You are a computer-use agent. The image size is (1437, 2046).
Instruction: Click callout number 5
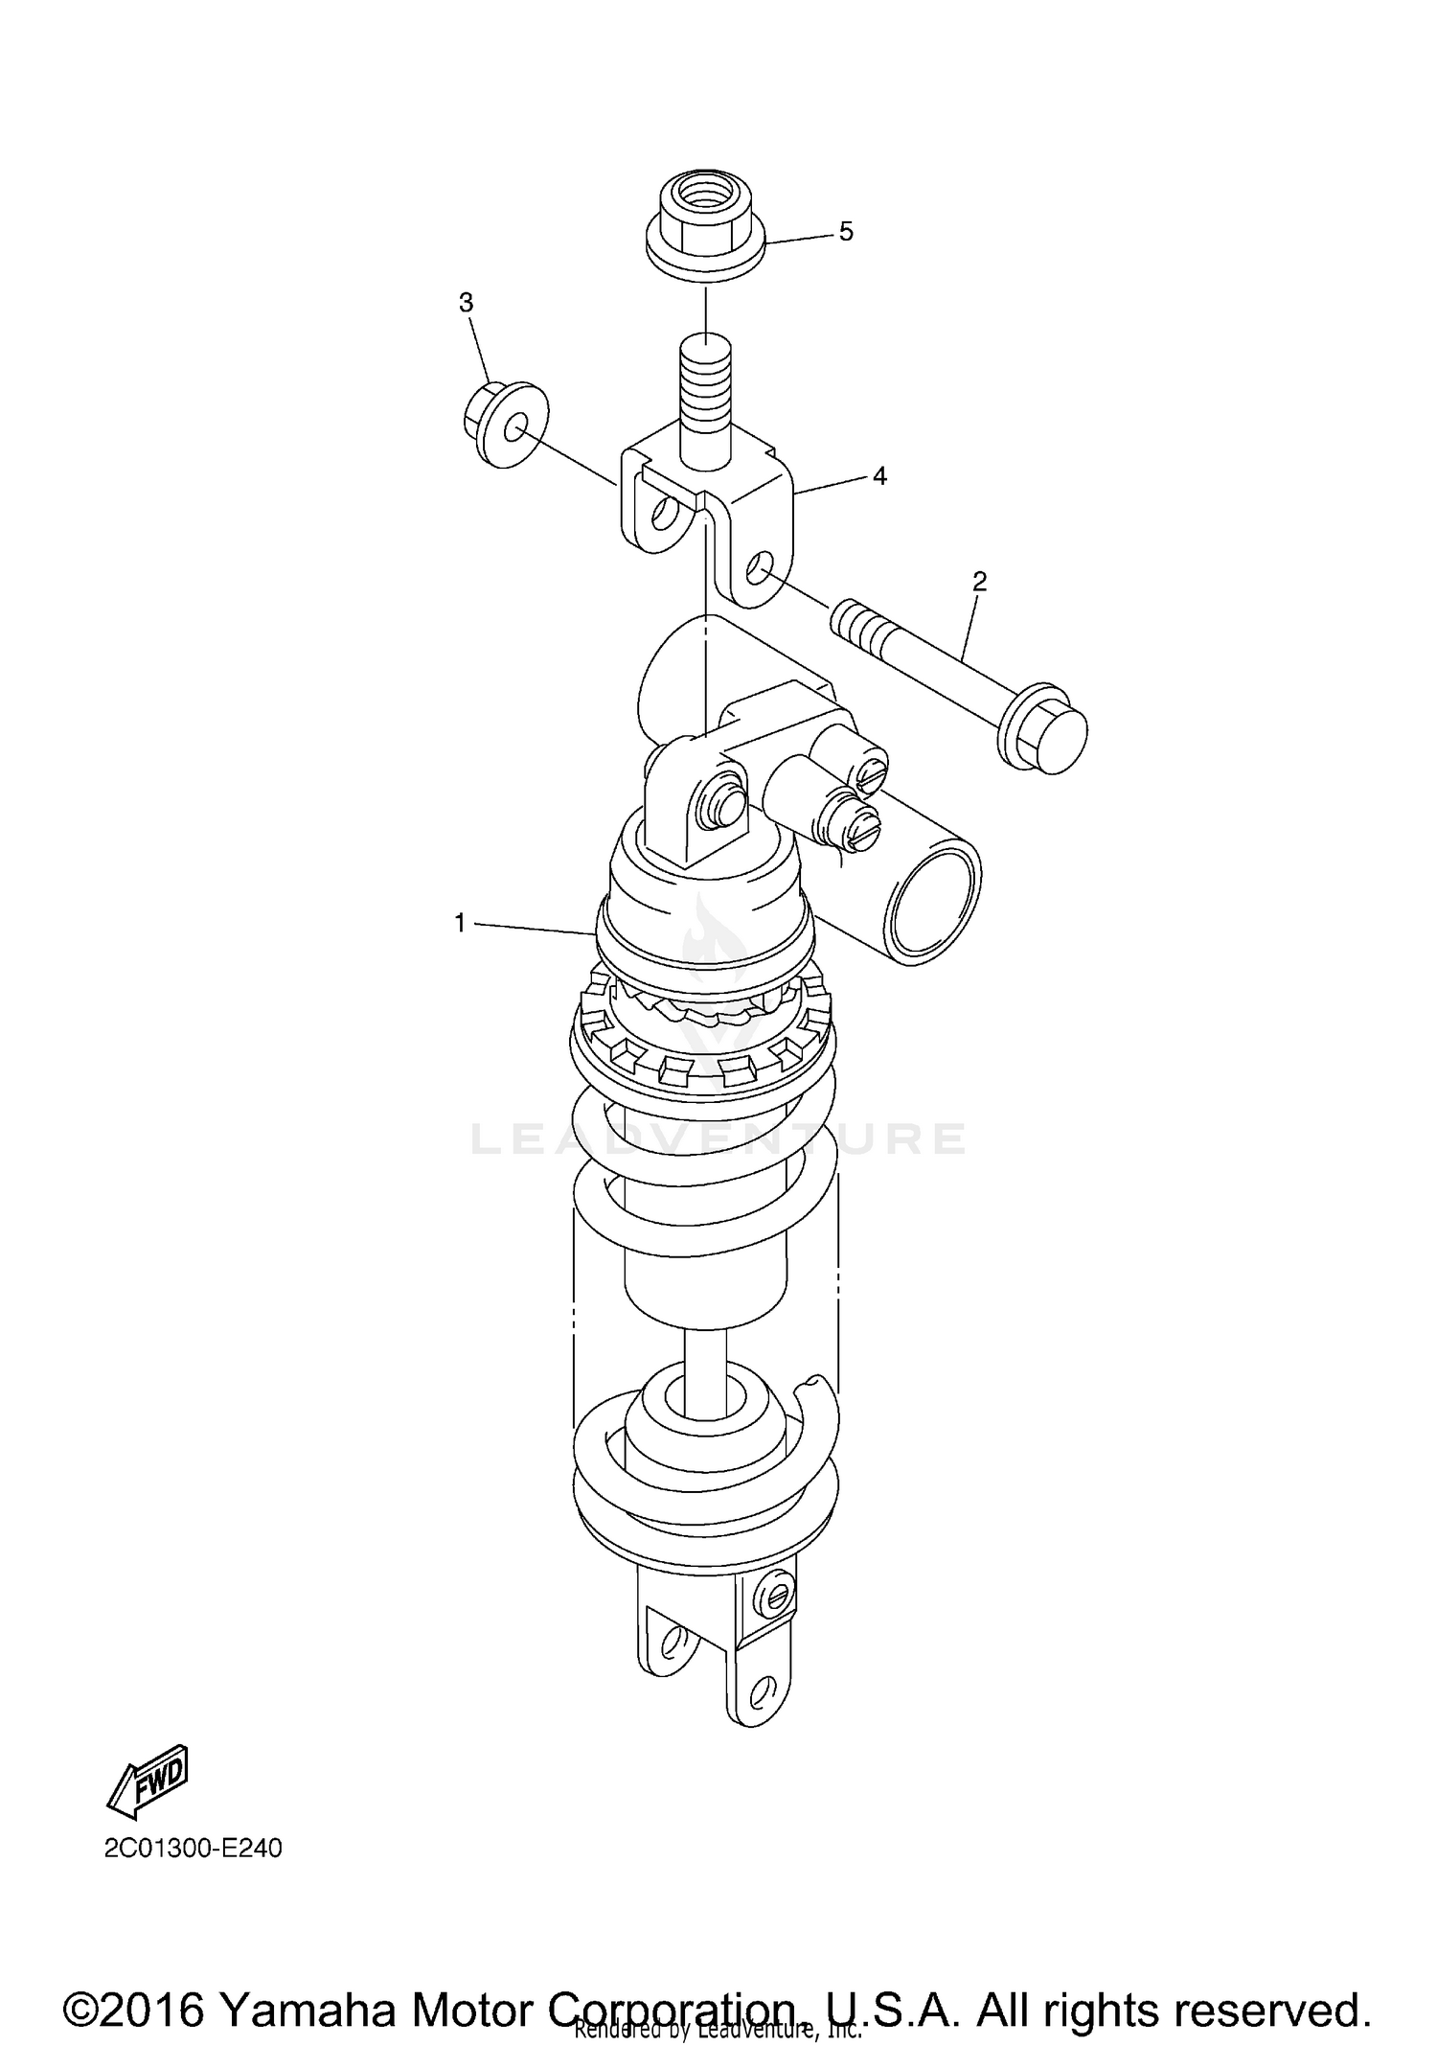click(846, 232)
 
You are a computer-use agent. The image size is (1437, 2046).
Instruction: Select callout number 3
click(466, 303)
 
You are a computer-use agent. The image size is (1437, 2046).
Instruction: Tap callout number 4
click(878, 475)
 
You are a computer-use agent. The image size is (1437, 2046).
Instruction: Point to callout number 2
click(979, 581)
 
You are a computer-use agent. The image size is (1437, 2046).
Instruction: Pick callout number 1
click(460, 923)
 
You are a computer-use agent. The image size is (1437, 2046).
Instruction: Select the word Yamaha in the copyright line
click(308, 1984)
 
